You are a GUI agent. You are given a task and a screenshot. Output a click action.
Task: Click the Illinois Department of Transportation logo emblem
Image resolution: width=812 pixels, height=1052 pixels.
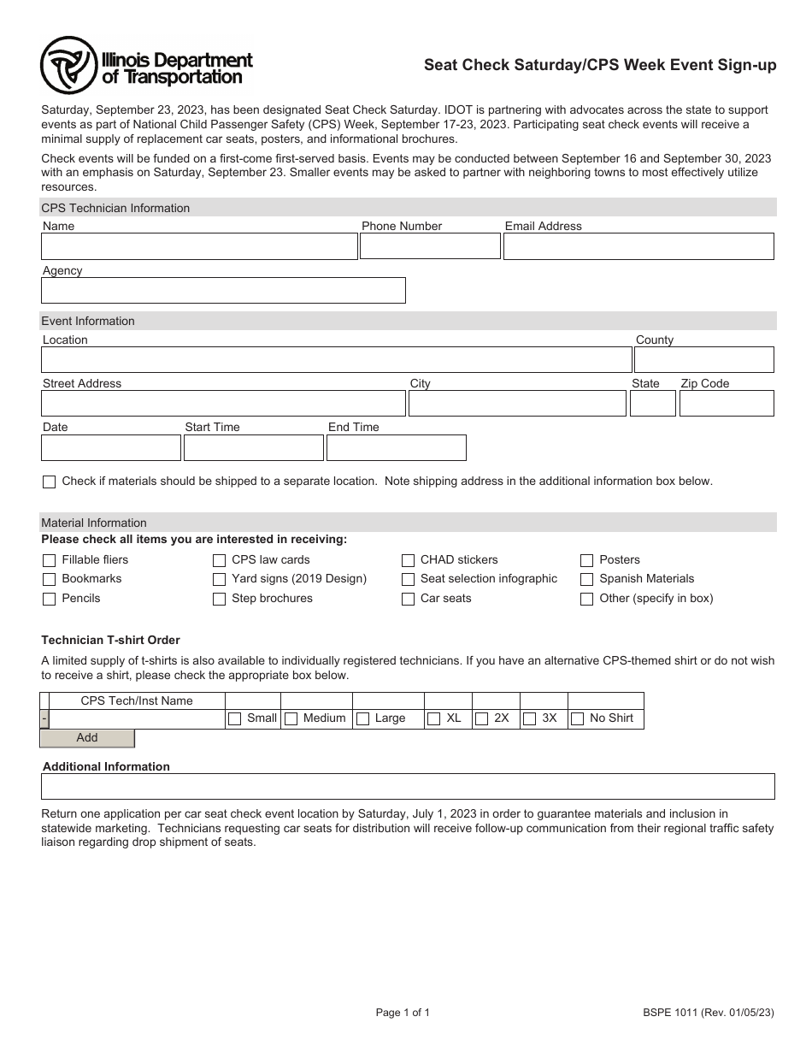pos(68,66)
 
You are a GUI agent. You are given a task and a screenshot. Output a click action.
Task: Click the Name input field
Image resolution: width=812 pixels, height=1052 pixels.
pos(199,246)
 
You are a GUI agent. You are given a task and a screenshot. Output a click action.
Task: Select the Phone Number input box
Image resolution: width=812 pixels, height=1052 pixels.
pos(430,246)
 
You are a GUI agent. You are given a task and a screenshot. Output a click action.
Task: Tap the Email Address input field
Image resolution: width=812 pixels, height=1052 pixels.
pos(638,246)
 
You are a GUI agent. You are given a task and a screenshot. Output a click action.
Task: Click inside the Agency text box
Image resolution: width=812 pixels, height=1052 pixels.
pos(223,291)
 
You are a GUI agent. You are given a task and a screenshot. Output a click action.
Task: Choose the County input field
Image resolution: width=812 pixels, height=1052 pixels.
pos(703,359)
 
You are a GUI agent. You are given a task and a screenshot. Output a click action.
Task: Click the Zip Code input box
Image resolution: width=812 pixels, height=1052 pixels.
pos(727,404)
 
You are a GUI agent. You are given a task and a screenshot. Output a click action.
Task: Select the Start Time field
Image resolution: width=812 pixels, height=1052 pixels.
pos(254,448)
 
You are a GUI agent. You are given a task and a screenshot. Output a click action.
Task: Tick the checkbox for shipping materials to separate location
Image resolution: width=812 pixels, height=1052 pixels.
pos(50,482)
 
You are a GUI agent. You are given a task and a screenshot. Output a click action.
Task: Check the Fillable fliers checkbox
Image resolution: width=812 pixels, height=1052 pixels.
pos(50,561)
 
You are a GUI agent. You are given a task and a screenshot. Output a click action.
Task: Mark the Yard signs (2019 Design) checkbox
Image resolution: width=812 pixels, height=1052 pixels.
pos(220,580)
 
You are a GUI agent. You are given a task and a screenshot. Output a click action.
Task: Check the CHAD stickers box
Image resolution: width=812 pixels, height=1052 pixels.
pos(409,561)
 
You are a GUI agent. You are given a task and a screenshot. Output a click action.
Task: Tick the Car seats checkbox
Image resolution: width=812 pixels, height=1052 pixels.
pos(409,600)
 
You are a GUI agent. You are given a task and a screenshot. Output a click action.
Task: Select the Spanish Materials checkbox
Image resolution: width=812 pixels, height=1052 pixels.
pos(587,580)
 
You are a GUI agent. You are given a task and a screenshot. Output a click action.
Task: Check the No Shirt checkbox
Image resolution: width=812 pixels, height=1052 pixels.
pos(578,719)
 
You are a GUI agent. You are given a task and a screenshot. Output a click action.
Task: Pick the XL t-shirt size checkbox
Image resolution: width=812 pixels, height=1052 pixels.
pos(434,719)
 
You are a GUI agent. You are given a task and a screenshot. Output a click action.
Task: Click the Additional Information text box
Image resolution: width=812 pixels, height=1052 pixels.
pos(408,786)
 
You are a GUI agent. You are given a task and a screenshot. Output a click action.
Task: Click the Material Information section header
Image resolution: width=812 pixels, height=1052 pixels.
pos(94,523)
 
